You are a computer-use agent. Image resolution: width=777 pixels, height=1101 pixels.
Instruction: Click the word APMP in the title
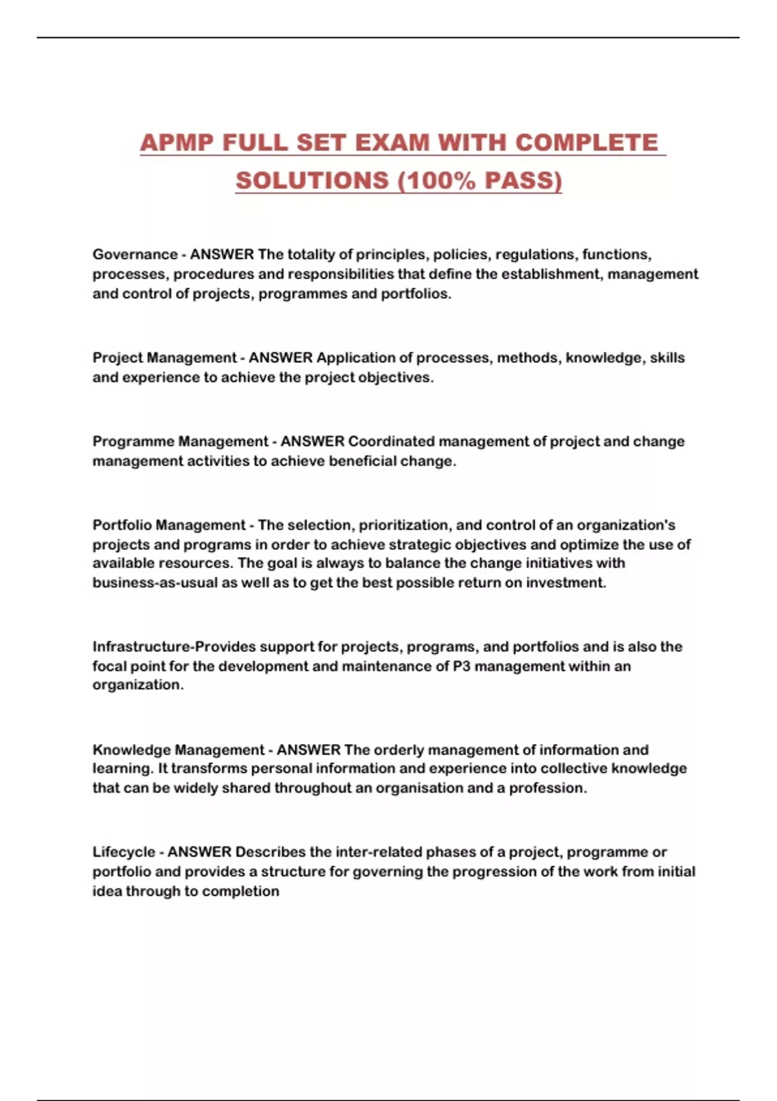[x=176, y=143]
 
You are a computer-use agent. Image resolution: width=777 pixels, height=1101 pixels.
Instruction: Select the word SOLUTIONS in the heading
[x=312, y=181]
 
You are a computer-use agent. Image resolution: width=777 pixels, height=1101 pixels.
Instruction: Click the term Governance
[x=135, y=255]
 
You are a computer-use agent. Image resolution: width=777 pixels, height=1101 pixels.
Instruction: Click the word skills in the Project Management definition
[x=667, y=358]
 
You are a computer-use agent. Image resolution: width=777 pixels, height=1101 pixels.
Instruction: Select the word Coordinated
[x=391, y=442]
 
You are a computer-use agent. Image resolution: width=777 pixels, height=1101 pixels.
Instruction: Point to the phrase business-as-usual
[x=155, y=583]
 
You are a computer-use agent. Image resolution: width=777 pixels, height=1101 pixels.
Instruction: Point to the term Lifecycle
[x=124, y=852]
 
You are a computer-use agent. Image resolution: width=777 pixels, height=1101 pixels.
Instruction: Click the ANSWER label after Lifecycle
[x=199, y=852]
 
